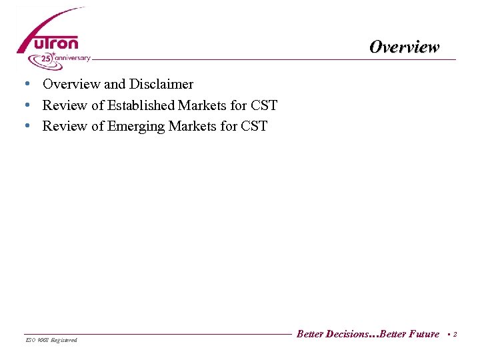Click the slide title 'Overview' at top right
(x=405, y=47)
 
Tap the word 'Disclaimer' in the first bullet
(x=162, y=84)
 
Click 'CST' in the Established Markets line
(x=264, y=105)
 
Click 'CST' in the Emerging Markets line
(x=254, y=127)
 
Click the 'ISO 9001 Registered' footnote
(x=51, y=340)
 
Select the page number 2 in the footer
(x=455, y=334)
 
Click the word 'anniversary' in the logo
(x=72, y=58)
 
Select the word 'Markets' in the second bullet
(x=200, y=105)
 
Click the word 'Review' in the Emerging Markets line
(x=64, y=127)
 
